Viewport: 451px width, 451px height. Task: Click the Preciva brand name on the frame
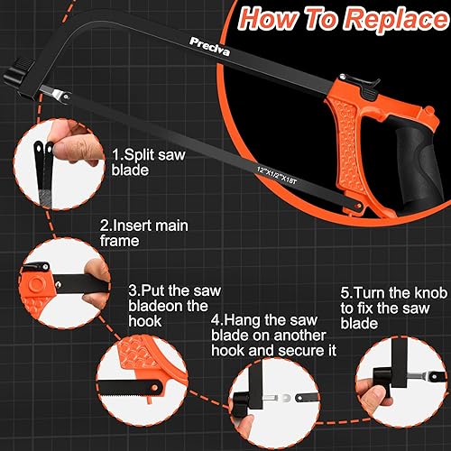[x=210, y=47]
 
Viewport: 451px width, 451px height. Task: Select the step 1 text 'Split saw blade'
[x=148, y=162]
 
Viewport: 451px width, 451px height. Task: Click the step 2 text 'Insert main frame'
[x=143, y=233]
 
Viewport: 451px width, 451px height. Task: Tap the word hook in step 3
[x=144, y=321]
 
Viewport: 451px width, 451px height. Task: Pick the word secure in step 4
[x=297, y=351]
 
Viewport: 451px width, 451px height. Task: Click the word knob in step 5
[x=431, y=293]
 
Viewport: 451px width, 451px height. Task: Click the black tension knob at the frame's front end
[x=15, y=73]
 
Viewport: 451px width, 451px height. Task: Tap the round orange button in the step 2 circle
[x=37, y=283]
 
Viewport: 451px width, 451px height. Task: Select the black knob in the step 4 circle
[x=240, y=400]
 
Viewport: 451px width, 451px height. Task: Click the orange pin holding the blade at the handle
[x=358, y=206]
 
